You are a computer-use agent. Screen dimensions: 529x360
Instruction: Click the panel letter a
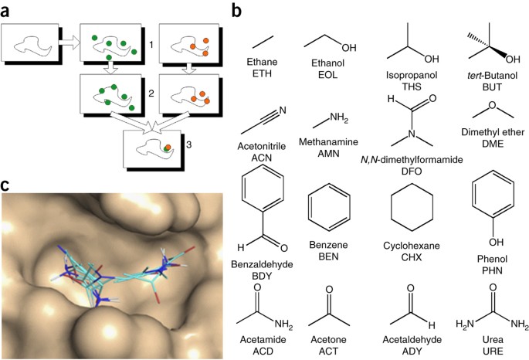pyautogui.click(x=5, y=12)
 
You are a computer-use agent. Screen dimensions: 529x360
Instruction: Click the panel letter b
pyautogui.click(x=237, y=10)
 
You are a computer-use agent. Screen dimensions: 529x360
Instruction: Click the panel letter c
pyautogui.click(x=5, y=185)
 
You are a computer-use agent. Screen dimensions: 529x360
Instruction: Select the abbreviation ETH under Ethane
pyautogui.click(x=262, y=73)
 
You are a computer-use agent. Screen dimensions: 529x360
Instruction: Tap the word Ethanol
pyautogui.click(x=327, y=63)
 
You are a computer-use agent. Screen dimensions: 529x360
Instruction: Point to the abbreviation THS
pyautogui.click(x=412, y=87)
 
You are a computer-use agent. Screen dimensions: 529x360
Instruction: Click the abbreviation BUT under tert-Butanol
pyautogui.click(x=492, y=87)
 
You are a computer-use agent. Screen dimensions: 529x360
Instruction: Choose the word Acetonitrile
pyautogui.click(x=262, y=146)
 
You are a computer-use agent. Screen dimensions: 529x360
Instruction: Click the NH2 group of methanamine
pyautogui.click(x=339, y=117)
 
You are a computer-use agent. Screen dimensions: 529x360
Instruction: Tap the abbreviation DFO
pyautogui.click(x=412, y=172)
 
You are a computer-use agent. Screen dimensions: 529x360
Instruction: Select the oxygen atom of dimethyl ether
pyautogui.click(x=493, y=105)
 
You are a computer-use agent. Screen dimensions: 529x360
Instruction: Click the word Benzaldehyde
pyautogui.click(x=262, y=264)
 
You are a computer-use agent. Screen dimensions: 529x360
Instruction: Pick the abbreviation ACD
pyautogui.click(x=263, y=352)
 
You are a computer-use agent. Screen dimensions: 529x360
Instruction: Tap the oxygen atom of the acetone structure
pyautogui.click(x=329, y=290)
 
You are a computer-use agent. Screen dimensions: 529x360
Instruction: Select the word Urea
pyautogui.click(x=493, y=339)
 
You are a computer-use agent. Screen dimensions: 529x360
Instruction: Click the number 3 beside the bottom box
pyautogui.click(x=188, y=144)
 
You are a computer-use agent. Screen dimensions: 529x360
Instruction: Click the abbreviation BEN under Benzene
pyautogui.click(x=328, y=256)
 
